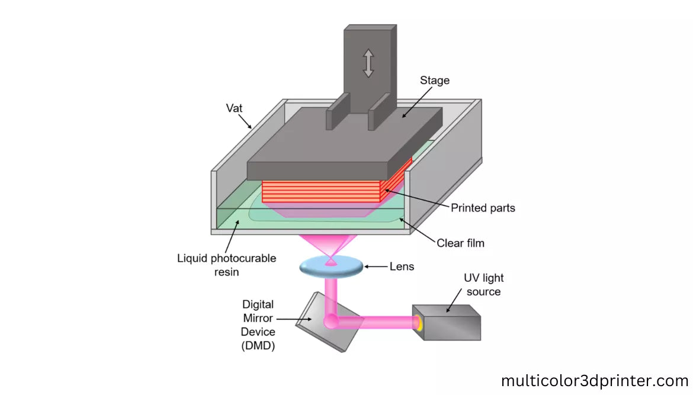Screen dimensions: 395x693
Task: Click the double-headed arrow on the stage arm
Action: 368,63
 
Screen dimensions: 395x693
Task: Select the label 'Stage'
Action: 435,80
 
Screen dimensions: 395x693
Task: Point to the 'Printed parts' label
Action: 482,208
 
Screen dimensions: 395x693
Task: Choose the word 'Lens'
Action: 401,266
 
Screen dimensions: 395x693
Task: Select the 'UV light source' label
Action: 483,285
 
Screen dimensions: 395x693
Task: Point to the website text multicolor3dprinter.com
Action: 595,380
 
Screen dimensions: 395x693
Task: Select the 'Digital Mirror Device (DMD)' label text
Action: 258,325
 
